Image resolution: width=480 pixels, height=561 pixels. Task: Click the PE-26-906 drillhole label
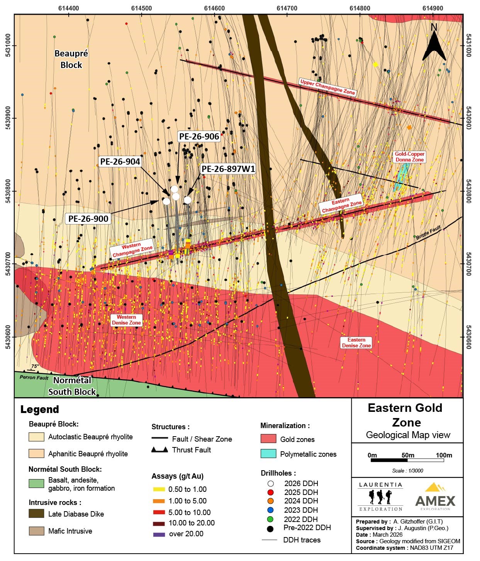coord(199,136)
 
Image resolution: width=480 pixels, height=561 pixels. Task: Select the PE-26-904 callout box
coord(120,161)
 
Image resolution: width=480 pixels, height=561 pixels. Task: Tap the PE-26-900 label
coord(88,219)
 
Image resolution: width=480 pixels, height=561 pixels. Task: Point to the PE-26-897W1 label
coord(228,169)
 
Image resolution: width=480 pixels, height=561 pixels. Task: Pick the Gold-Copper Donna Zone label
coord(409,156)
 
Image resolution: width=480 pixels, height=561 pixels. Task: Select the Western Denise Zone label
coord(126,320)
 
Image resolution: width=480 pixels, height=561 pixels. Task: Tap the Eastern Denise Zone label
coord(356,343)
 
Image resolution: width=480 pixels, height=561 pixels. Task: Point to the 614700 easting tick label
coord(287,8)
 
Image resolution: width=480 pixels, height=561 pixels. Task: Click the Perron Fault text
coord(34,377)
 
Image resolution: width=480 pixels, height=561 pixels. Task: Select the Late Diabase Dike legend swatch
coord(36,514)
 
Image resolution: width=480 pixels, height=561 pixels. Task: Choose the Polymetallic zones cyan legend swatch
coord(268,454)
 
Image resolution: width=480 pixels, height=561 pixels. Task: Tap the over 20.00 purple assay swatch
coord(159,534)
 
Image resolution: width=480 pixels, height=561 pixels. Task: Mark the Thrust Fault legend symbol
coord(159,450)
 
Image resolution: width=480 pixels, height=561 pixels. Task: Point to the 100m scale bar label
coord(444,455)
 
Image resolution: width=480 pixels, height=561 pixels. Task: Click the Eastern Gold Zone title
coord(405,415)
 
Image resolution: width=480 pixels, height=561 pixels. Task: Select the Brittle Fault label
coord(428,233)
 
